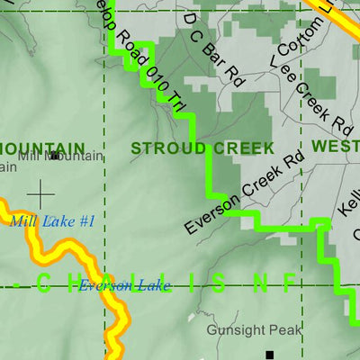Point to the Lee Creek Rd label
pyautogui.click(x=310, y=94)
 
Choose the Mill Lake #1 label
pyautogui.click(x=54, y=220)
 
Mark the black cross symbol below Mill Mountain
pyautogui.click(x=40, y=192)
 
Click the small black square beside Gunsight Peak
pyautogui.click(x=268, y=355)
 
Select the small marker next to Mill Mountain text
pyautogui.click(x=55, y=156)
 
